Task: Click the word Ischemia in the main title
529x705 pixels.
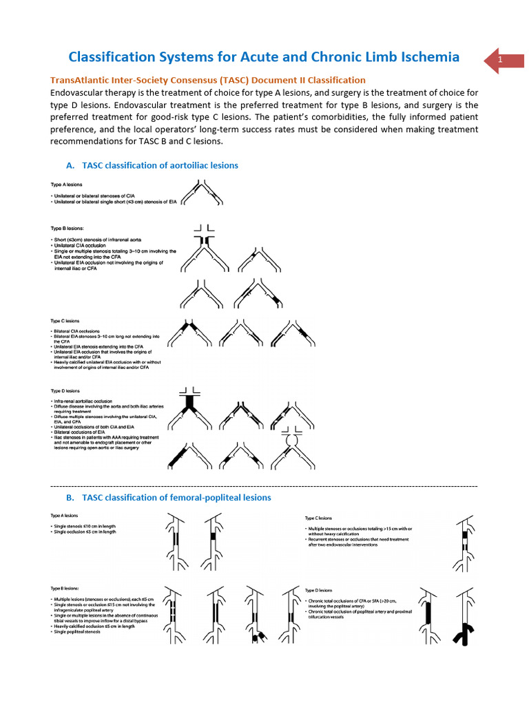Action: pyautogui.click(x=422, y=56)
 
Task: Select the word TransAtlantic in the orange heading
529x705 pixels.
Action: pyautogui.click(x=83, y=81)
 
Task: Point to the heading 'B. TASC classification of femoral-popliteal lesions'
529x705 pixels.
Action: pyautogui.click(x=168, y=497)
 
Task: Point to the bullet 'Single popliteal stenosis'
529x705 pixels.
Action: pyautogui.click(x=79, y=632)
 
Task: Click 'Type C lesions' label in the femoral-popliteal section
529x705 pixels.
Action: pyautogui.click(x=318, y=518)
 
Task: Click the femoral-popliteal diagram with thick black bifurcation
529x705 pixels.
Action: pyautogui.click(x=464, y=627)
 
